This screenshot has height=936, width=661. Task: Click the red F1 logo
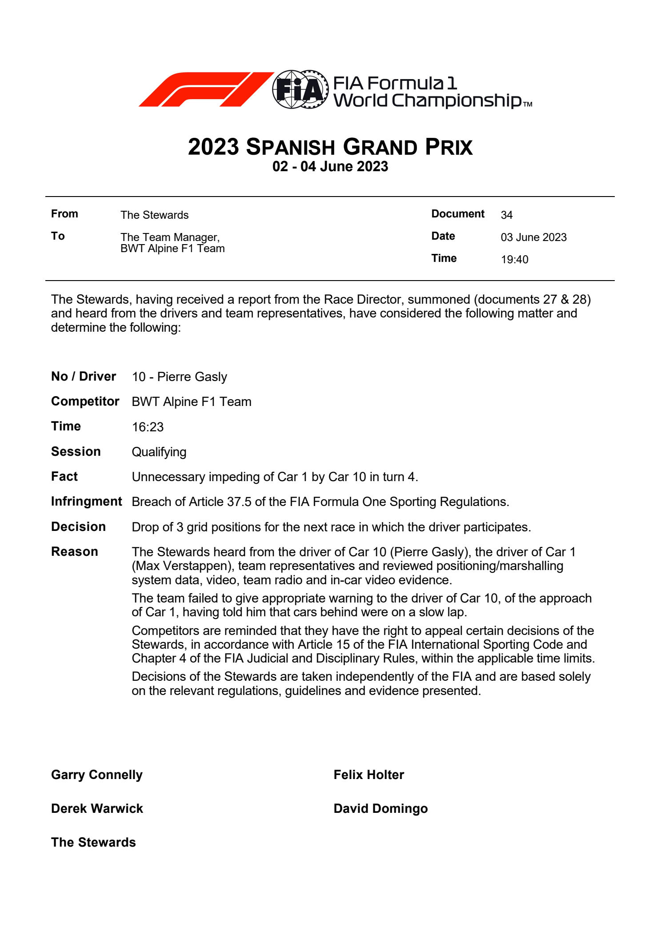coord(205,89)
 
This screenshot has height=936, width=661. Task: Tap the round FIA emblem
coord(300,89)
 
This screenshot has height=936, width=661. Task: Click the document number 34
coord(506,215)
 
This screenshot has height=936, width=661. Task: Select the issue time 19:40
coord(514,260)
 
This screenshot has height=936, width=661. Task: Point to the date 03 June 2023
coord(533,237)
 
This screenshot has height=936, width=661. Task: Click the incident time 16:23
coord(148,427)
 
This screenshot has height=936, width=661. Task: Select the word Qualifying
coord(159,452)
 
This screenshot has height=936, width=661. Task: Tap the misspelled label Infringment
coord(86,502)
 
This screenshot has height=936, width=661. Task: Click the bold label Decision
coord(78,527)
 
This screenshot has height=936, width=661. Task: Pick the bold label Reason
coord(74,552)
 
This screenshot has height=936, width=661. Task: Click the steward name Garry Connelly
coord(96,775)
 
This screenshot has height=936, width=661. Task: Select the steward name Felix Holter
coord(369,775)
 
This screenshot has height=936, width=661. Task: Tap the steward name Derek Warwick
coord(97,809)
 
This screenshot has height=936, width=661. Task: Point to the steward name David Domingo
coord(381,809)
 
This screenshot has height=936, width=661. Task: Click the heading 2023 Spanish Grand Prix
coord(330,147)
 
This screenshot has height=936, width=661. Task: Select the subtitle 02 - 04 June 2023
coord(330,167)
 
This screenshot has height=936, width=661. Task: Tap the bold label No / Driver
coord(83,377)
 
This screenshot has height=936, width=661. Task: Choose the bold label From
coord(64,214)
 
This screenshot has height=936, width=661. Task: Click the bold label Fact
coord(64,477)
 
